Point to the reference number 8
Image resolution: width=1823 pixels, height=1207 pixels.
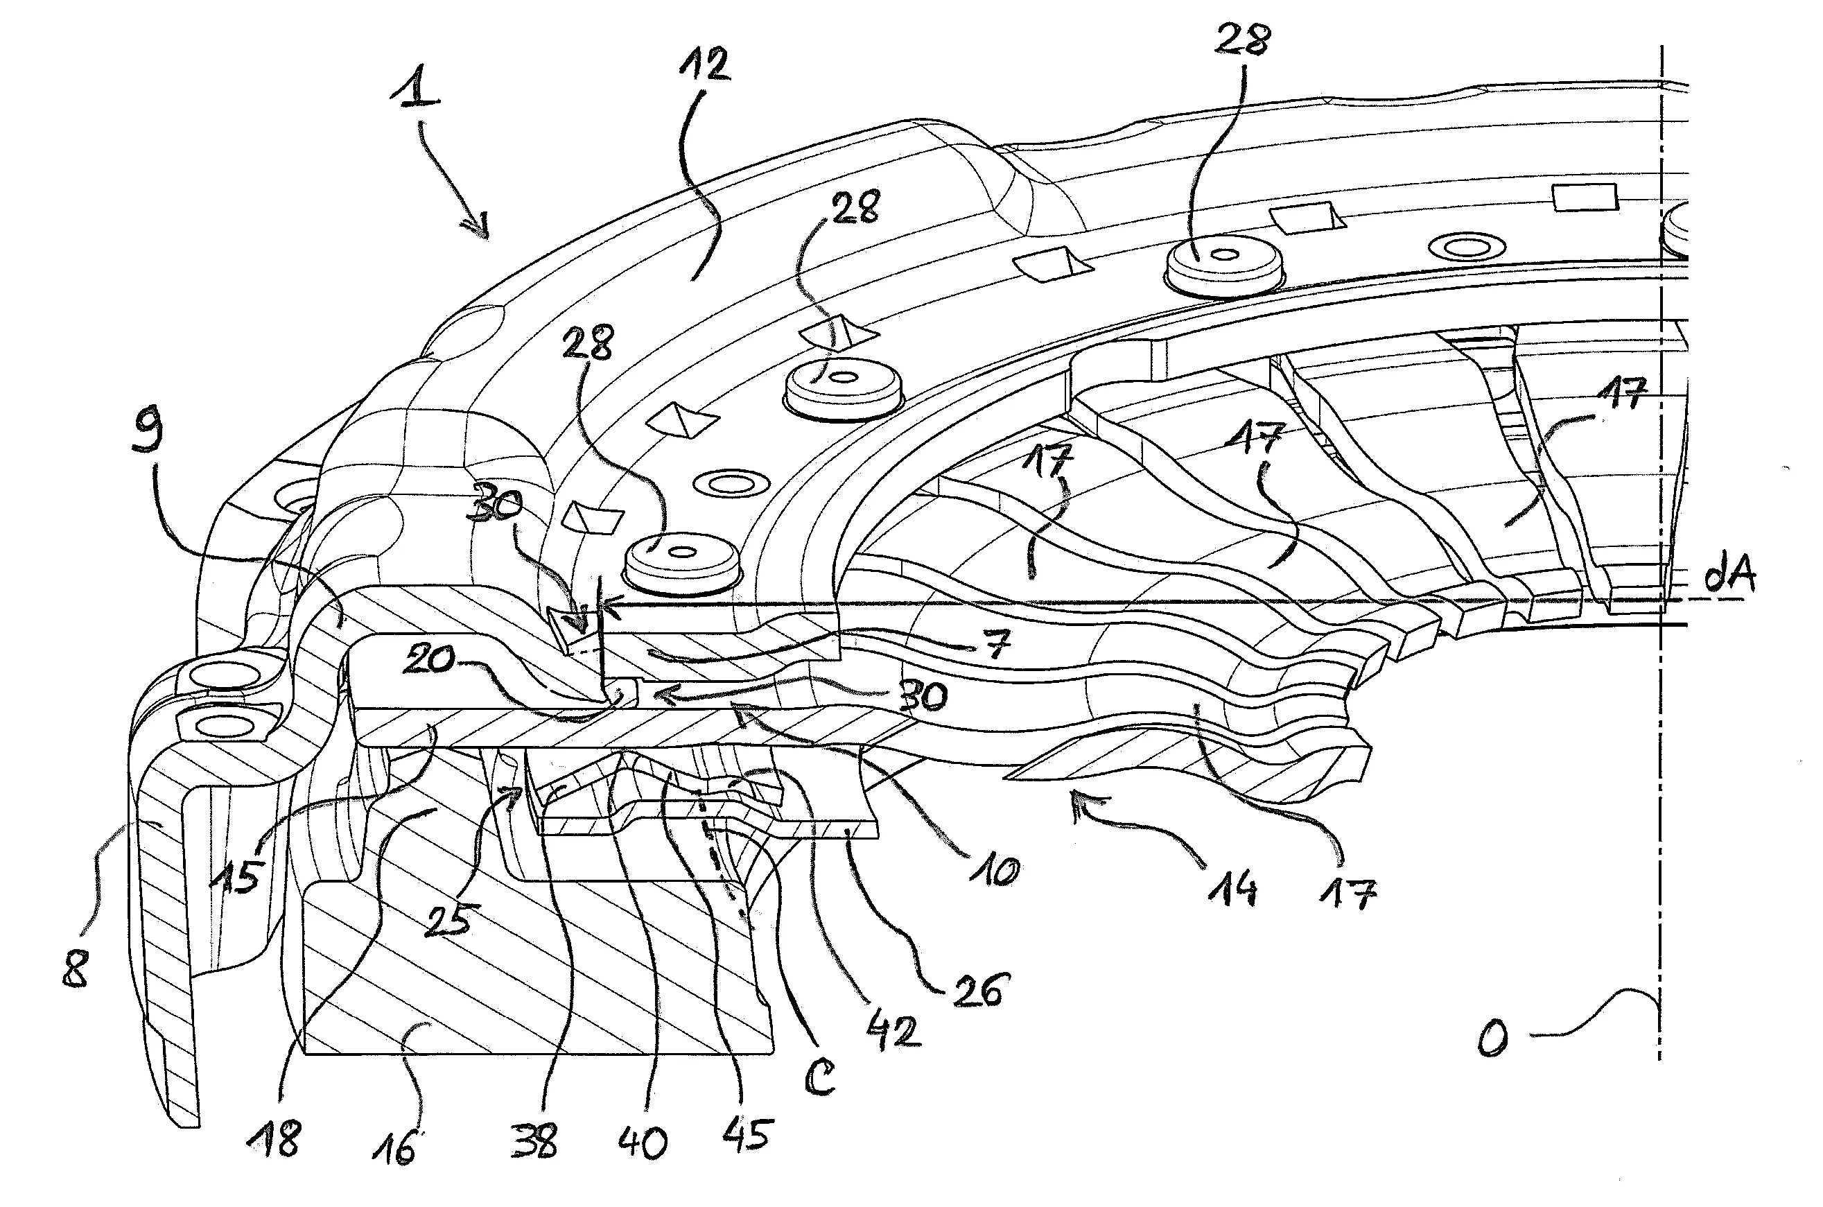(76, 968)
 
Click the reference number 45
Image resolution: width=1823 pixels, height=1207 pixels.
(747, 1134)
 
